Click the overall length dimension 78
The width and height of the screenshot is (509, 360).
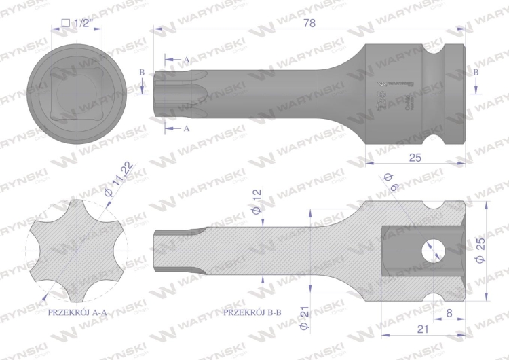309,22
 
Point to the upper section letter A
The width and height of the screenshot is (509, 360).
186,60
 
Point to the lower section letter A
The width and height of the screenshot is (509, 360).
186,128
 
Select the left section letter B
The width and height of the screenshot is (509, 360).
142,72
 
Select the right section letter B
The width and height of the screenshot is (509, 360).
476,72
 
